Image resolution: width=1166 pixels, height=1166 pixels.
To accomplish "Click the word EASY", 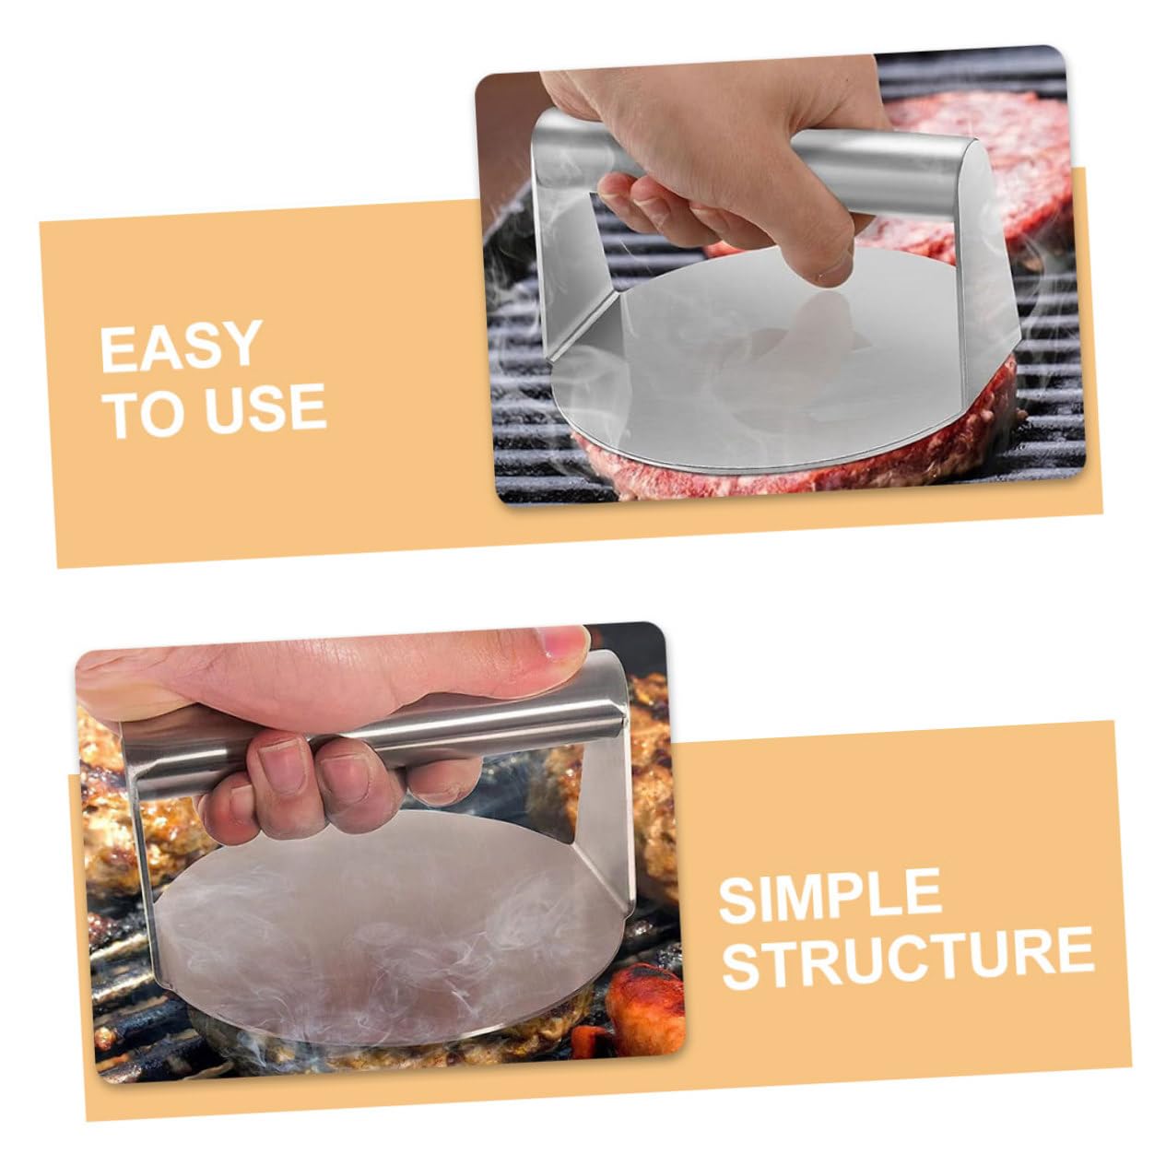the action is pyautogui.click(x=181, y=346).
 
